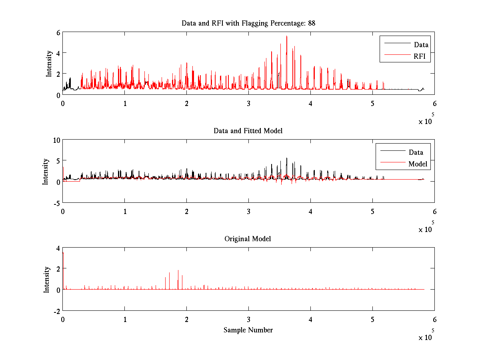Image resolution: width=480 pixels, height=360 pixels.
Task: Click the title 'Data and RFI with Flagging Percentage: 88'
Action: tap(248, 23)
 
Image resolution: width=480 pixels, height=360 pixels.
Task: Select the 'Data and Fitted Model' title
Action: tap(248, 131)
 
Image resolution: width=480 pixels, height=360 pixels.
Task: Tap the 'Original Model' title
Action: tap(248, 239)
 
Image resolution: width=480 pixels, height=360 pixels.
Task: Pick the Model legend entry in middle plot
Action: tap(418, 164)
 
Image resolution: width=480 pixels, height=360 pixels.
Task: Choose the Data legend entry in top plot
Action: tap(421, 45)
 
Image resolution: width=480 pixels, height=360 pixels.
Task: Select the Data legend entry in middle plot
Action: tap(416, 152)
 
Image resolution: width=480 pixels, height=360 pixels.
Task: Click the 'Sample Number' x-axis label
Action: tap(248, 330)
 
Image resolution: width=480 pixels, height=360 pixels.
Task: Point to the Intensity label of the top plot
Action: tap(49, 63)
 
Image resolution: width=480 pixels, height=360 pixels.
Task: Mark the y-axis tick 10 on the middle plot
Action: tap(56, 140)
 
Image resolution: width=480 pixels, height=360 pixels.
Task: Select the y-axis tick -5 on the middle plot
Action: tap(56, 202)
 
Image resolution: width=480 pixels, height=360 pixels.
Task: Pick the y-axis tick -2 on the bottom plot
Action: tap(57, 311)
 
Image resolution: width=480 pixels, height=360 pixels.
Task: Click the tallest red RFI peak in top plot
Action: tap(287, 36)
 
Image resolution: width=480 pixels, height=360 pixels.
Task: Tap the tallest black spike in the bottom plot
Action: tap(178, 271)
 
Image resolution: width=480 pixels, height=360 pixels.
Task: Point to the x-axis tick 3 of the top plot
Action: tap(248, 103)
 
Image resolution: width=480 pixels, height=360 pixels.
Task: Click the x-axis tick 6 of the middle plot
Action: tap(434, 211)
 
